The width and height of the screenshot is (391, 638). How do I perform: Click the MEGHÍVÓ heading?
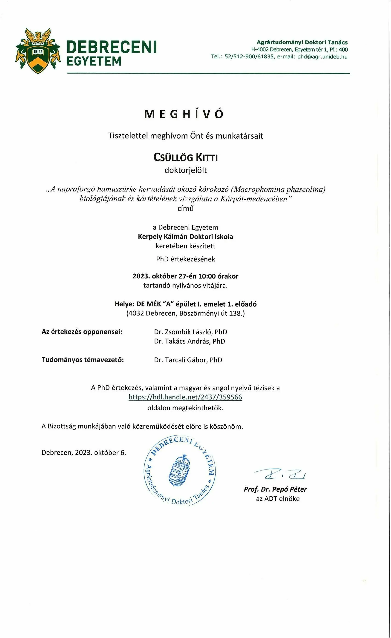(x=184, y=114)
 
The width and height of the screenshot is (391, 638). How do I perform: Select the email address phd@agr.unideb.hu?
(x=322, y=57)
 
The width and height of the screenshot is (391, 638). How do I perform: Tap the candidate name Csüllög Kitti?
(x=186, y=157)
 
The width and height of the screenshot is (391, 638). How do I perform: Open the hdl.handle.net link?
(x=185, y=397)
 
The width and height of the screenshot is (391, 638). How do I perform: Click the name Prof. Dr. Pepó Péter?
(x=275, y=489)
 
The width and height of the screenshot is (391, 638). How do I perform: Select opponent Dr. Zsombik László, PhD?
(x=190, y=332)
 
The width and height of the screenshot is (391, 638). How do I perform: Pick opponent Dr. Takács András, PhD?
(x=190, y=341)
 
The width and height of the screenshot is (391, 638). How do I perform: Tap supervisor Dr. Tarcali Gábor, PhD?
(x=188, y=360)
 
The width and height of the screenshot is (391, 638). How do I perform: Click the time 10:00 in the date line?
(x=207, y=276)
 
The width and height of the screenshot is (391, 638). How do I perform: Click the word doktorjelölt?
(x=186, y=170)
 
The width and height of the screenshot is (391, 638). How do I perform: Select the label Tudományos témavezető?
(x=83, y=360)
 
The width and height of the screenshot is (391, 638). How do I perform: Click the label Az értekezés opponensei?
(x=82, y=332)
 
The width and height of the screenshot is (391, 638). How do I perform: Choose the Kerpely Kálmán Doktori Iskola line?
(x=185, y=237)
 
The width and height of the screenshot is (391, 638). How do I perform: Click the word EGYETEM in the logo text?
(x=94, y=61)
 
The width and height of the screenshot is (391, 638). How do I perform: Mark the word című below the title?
(x=186, y=208)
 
